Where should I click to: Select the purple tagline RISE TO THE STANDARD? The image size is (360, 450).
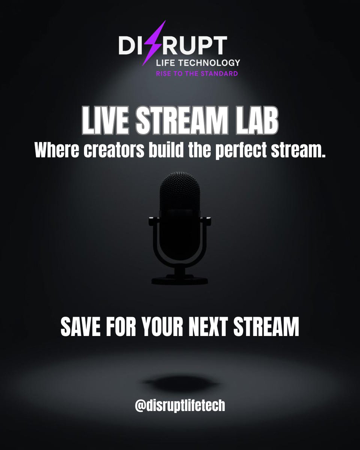coord(196,73)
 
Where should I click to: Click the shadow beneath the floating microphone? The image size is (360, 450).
coord(179,383)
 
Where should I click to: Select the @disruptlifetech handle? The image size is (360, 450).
coord(180,406)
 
